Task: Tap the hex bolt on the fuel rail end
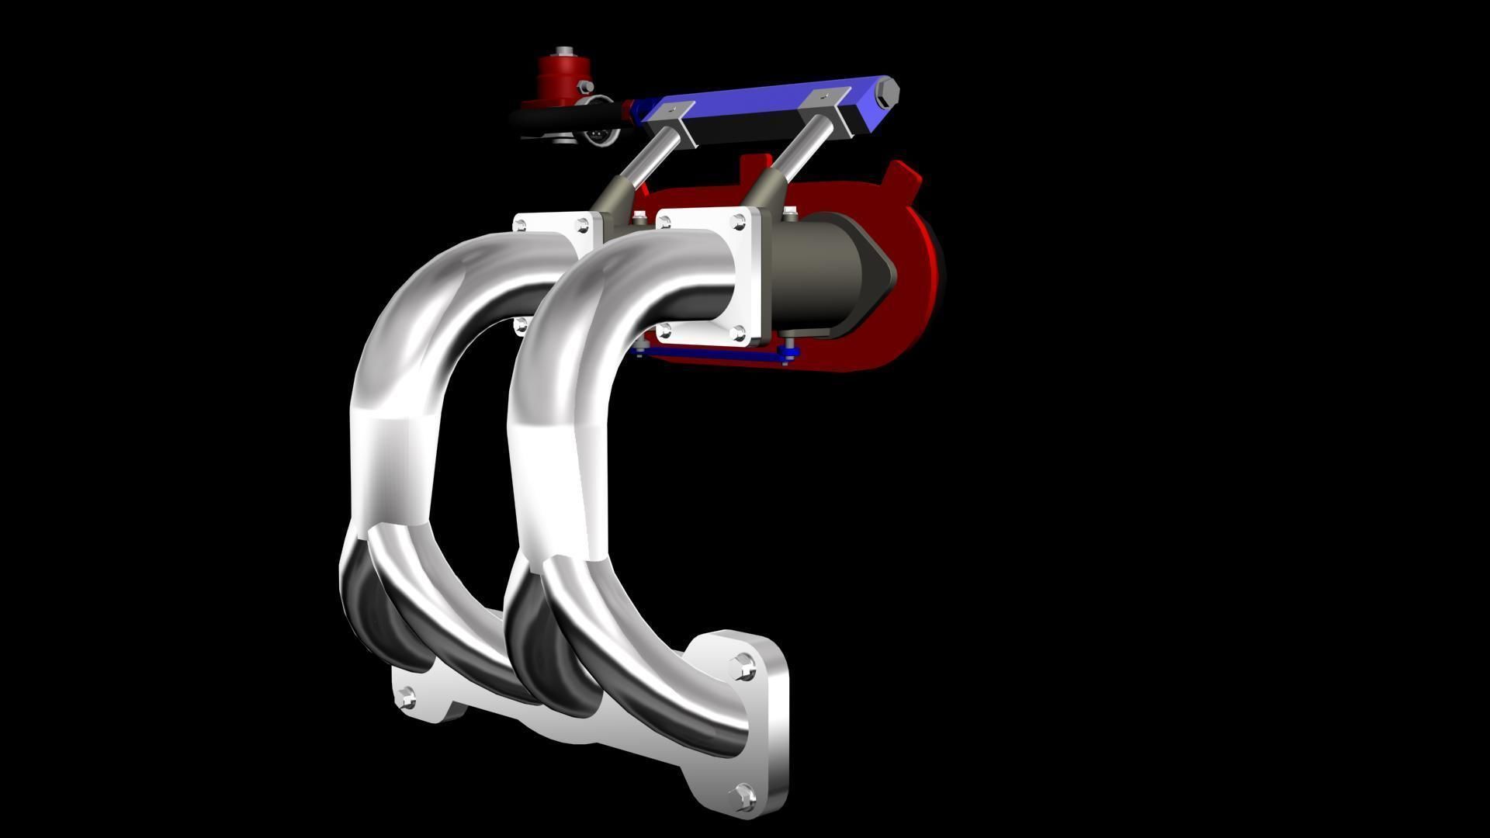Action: (888, 96)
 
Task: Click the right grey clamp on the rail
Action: (829, 102)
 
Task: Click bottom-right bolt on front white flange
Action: (738, 334)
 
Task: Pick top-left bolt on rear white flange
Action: (520, 226)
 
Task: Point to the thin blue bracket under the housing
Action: (714, 355)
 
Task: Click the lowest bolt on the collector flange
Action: (743, 795)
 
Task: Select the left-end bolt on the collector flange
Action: (406, 698)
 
